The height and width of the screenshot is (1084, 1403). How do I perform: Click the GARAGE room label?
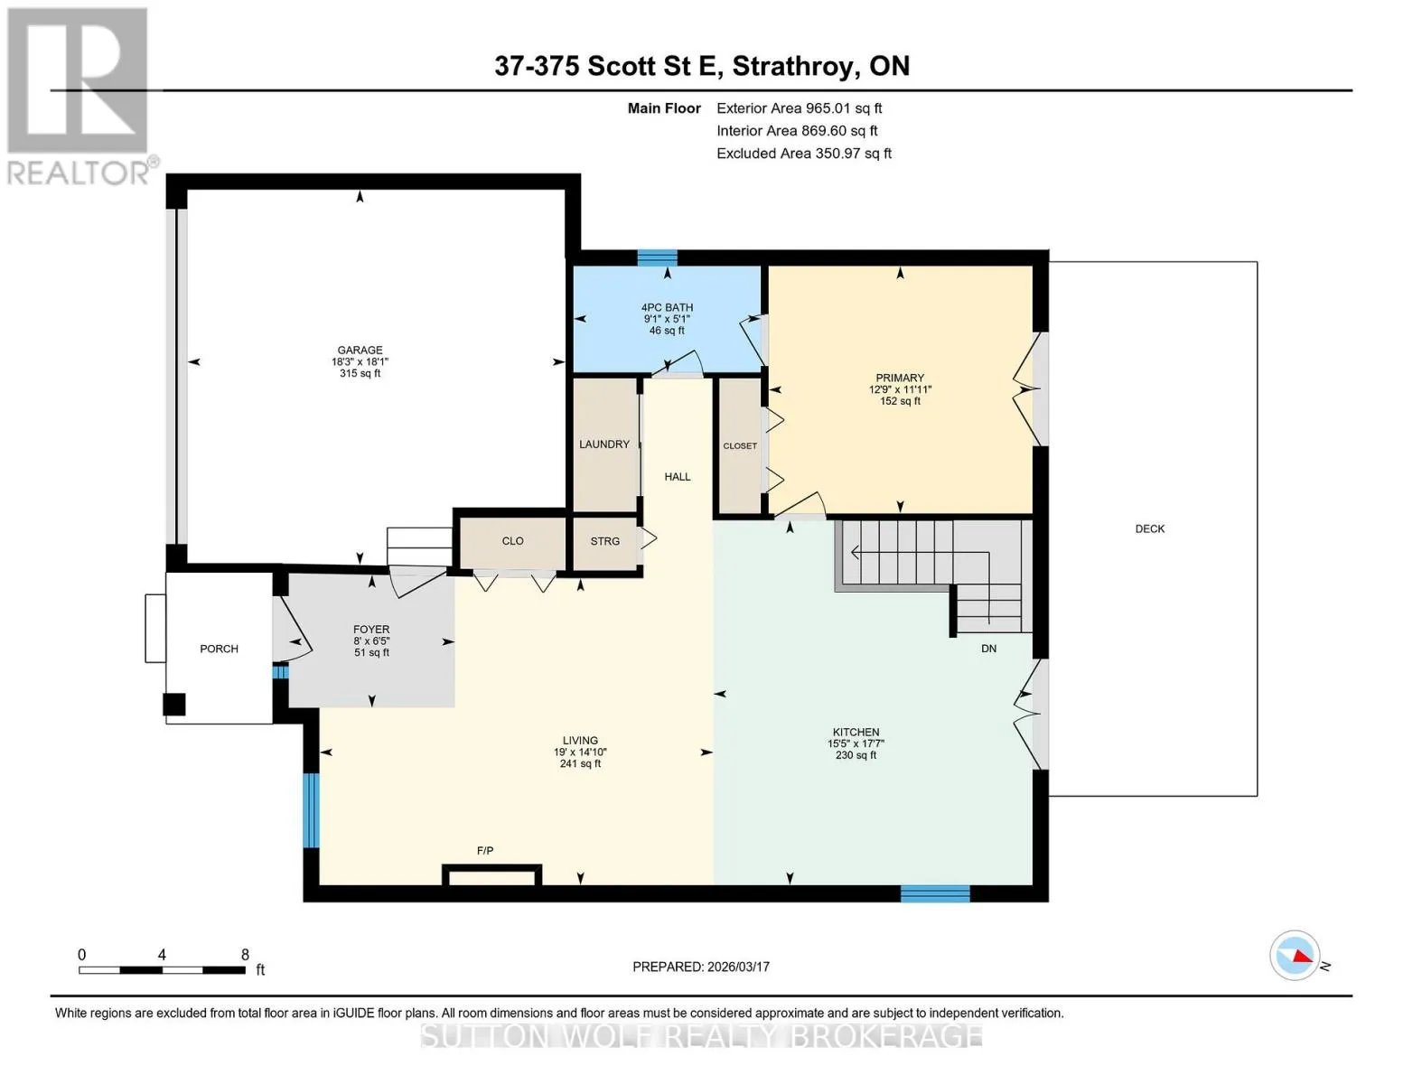pos(360,350)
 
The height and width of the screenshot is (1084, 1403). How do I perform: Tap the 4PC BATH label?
pos(667,307)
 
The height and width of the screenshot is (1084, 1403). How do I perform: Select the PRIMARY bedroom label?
pos(900,378)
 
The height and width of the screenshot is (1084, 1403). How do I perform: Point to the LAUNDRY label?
pos(604,444)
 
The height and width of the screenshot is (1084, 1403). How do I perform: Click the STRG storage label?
pos(605,541)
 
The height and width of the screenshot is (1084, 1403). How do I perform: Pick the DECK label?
pos(1150,528)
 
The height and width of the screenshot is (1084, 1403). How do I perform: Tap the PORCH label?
pos(219,649)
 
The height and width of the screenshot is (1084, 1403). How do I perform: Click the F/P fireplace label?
pos(485,851)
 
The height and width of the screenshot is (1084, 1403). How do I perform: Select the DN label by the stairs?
pos(988,649)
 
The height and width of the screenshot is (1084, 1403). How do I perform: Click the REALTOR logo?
pos(80,97)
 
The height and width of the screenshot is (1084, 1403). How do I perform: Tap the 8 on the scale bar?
pos(245,955)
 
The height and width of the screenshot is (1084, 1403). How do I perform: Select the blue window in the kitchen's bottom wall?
pos(936,893)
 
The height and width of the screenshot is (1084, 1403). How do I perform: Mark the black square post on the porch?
pos(173,705)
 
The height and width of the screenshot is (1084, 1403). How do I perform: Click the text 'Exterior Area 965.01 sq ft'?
pos(800,108)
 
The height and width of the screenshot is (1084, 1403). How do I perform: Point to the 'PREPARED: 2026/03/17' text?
pos(701,967)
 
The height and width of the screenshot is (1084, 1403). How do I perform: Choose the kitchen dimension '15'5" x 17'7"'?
pos(856,743)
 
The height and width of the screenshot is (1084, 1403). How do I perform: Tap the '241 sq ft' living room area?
pos(580,764)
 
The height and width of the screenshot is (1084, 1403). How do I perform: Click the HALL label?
pos(678,476)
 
